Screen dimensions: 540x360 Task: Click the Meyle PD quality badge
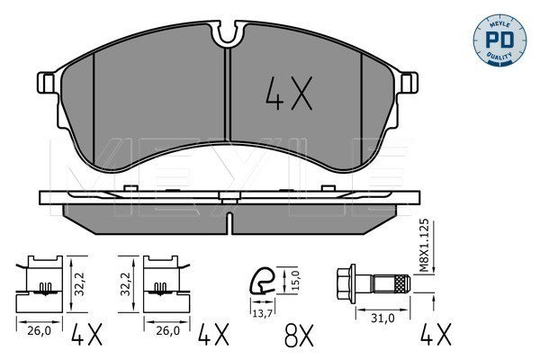pyautogui.click(x=499, y=40)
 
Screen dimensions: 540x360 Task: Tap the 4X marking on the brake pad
pyautogui.click(x=289, y=94)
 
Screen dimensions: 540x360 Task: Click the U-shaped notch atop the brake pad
pyautogui.click(x=228, y=32)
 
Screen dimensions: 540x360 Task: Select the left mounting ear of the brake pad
pyautogui.click(x=46, y=83)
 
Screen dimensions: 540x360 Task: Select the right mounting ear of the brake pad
pyautogui.click(x=409, y=83)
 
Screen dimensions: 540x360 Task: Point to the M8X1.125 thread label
pyautogui.click(x=425, y=246)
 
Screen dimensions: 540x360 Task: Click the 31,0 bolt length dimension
pyautogui.click(x=382, y=319)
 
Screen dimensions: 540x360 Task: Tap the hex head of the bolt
pyautogui.click(x=346, y=283)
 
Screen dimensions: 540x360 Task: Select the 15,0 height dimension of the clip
pyautogui.click(x=296, y=279)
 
